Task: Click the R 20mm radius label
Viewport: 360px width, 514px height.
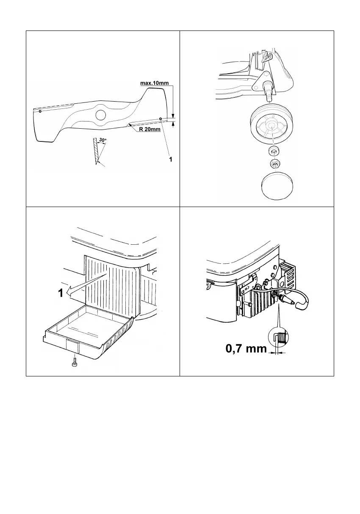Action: point(149,130)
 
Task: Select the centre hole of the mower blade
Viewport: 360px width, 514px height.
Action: point(100,114)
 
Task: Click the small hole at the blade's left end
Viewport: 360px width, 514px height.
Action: point(39,112)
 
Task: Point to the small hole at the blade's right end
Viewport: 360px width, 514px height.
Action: point(161,119)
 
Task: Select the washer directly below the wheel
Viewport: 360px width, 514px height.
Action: point(274,151)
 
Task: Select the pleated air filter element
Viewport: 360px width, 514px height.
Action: point(111,284)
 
